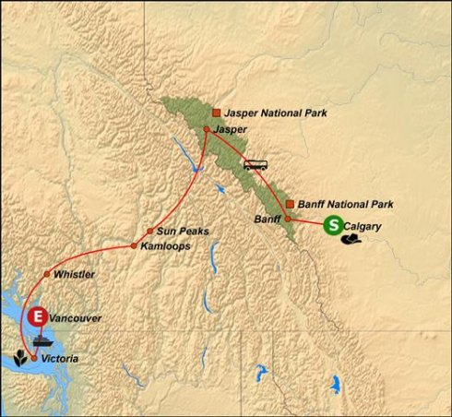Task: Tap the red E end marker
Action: [x=37, y=317]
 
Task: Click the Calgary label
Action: [x=363, y=224]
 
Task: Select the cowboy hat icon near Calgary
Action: [x=351, y=239]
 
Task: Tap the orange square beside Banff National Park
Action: [x=290, y=203]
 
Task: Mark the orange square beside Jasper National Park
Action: [x=216, y=113]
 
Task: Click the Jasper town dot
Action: [x=205, y=129]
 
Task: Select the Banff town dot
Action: [x=287, y=219]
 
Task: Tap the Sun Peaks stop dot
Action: [x=149, y=231]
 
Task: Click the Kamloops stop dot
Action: [x=135, y=246]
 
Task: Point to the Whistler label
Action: [x=75, y=275]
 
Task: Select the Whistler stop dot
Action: [x=46, y=275]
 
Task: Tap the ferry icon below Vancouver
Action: [x=43, y=338]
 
